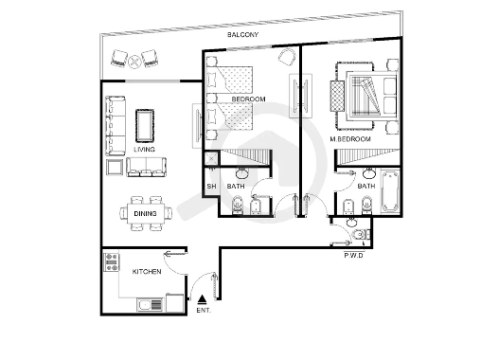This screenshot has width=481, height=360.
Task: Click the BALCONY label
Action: (x=242, y=35)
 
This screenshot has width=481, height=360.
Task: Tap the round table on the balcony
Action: (x=134, y=61)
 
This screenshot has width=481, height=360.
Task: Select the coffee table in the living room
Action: (x=145, y=126)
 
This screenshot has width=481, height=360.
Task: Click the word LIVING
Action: (x=144, y=150)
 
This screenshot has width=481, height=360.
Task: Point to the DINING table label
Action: (x=145, y=214)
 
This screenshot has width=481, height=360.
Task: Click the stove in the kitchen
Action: (x=112, y=262)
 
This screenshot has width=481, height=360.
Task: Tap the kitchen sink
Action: (x=150, y=305)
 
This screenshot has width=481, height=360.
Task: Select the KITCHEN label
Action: (x=147, y=272)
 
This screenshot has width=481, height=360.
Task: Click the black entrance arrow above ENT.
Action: (x=203, y=299)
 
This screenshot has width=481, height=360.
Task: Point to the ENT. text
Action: (x=204, y=311)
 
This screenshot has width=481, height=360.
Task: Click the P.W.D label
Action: (x=354, y=255)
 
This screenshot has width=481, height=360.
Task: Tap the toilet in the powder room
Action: (x=361, y=235)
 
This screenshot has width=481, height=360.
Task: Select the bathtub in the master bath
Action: (x=390, y=191)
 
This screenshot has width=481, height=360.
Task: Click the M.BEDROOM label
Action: (x=350, y=139)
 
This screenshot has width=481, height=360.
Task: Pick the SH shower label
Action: (x=211, y=187)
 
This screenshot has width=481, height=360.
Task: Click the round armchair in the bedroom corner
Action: (x=287, y=57)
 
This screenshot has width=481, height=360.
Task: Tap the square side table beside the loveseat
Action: (x=115, y=167)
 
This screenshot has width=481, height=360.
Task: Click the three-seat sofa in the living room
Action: (x=116, y=126)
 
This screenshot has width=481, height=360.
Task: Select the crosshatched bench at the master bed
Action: (x=337, y=96)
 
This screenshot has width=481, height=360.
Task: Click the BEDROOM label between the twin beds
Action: (x=249, y=99)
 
